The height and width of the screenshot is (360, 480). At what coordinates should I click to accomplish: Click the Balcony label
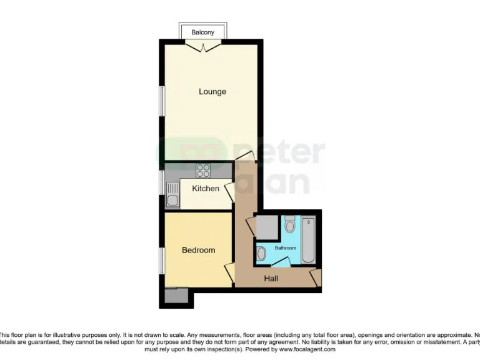[x=202, y=32]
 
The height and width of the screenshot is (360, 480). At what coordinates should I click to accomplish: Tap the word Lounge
[x=212, y=92]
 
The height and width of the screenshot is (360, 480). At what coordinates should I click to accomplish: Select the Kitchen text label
[x=206, y=188]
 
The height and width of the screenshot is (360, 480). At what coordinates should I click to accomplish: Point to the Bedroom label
[x=198, y=250]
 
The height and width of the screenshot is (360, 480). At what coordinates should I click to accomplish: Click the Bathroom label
[x=286, y=248]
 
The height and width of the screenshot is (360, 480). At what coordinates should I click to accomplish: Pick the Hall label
[x=271, y=279]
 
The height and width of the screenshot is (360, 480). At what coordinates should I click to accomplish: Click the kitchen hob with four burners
[x=203, y=171]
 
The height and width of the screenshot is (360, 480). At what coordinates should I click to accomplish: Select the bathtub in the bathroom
[x=308, y=240]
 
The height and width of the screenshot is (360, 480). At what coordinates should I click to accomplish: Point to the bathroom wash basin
[x=261, y=253]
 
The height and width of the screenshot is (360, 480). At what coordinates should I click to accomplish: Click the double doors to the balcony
[x=203, y=46]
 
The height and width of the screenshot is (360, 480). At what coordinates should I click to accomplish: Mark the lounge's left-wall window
[x=161, y=100]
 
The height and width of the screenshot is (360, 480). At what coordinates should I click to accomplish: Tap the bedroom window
[x=161, y=260]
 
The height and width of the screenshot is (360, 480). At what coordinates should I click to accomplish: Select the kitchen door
[x=230, y=192]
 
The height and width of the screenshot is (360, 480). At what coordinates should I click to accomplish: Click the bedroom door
[x=229, y=272]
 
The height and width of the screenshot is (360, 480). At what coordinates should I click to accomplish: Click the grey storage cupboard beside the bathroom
[x=267, y=228]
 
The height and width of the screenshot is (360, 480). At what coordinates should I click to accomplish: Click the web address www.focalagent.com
[x=299, y=349]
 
